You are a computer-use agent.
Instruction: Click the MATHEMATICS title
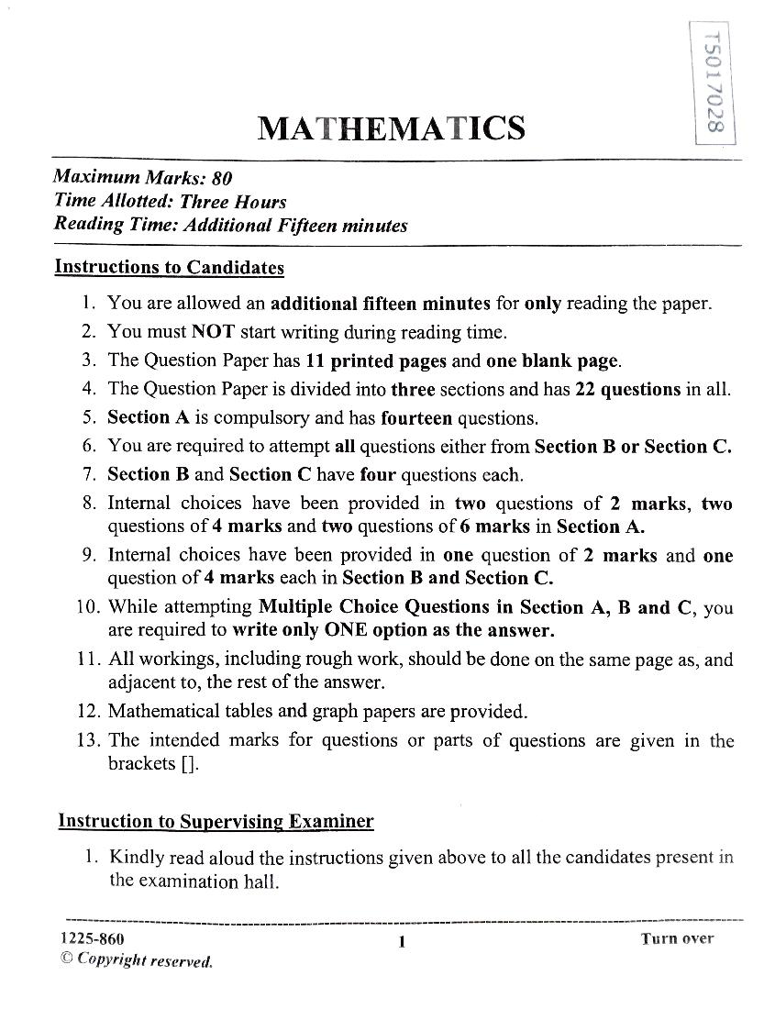pyautogui.click(x=392, y=128)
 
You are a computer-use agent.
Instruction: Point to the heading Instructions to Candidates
pyautogui.click(x=170, y=267)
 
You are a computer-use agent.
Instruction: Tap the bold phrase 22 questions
pyautogui.click(x=627, y=389)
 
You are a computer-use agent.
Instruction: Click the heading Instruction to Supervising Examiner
pyautogui.click(x=216, y=821)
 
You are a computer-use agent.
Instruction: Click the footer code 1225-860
pyautogui.click(x=92, y=938)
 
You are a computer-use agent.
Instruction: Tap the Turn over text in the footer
pyautogui.click(x=677, y=938)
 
